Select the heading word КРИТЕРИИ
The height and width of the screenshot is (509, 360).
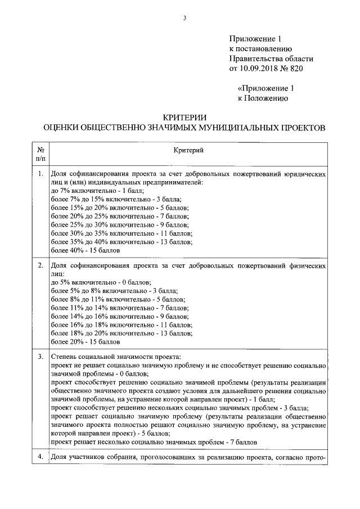(184, 117)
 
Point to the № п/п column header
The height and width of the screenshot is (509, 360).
(40, 155)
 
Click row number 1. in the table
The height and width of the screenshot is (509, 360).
(40, 174)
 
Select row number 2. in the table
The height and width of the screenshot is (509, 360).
(40, 265)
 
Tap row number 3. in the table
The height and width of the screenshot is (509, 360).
(40, 356)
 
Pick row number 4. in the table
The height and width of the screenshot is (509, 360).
(40, 457)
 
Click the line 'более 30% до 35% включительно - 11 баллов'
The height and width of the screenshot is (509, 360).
(121, 233)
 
